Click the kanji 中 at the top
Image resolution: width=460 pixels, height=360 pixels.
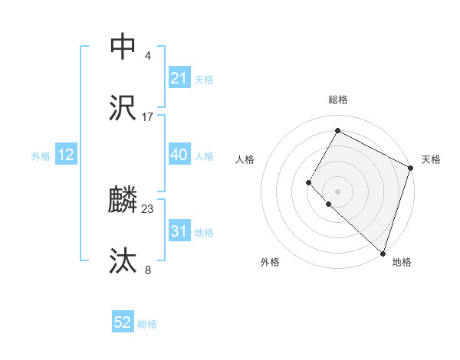[x=123, y=47]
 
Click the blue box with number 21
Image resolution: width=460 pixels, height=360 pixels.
[x=179, y=78]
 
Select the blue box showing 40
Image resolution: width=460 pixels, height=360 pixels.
[x=179, y=155]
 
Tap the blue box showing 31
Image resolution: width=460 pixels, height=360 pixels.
[x=179, y=232]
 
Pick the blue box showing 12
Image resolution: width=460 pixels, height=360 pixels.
[x=66, y=155]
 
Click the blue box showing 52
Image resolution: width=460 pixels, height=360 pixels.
[x=123, y=323]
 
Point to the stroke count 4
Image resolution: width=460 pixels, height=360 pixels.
[x=148, y=55]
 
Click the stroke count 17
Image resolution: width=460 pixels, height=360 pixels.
[x=148, y=117]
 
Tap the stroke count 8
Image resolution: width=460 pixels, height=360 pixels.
[x=148, y=270]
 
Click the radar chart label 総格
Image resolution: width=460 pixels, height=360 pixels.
[x=338, y=100]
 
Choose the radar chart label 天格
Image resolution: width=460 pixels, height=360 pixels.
[x=432, y=159]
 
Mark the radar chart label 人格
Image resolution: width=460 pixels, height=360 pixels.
[x=245, y=159]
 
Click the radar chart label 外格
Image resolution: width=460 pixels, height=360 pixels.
[x=270, y=263]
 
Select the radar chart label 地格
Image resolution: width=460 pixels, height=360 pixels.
[x=402, y=263]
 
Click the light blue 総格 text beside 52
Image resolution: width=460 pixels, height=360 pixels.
[x=147, y=324]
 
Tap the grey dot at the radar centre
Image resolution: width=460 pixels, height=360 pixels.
[x=337, y=190]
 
